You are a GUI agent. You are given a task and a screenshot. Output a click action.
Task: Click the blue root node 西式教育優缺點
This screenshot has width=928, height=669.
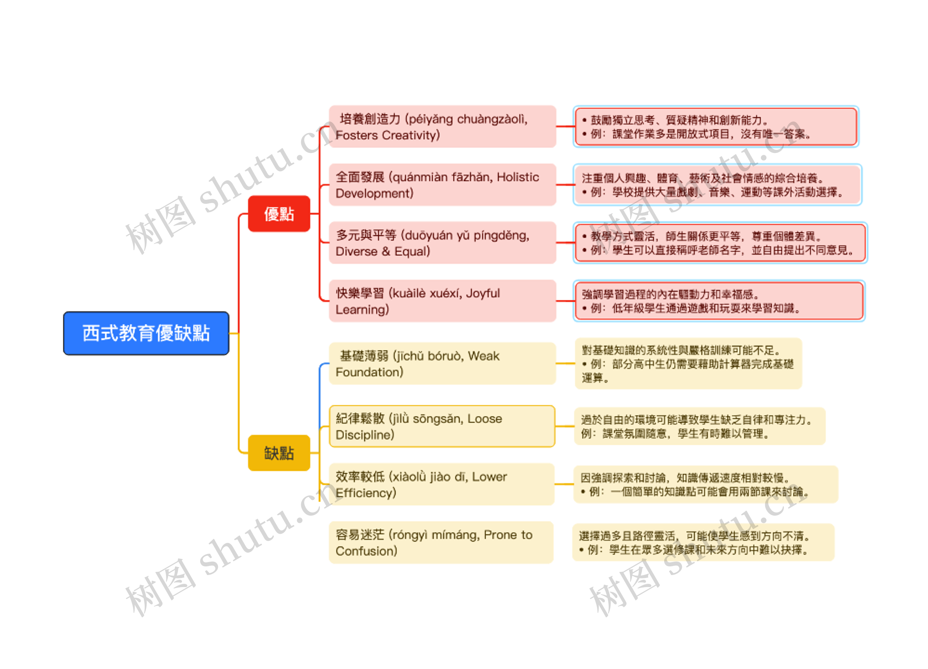pyautogui.click(x=146, y=333)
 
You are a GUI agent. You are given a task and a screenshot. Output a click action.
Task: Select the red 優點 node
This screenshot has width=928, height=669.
pyautogui.click(x=279, y=214)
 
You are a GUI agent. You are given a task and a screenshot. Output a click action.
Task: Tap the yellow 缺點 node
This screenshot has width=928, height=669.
pyautogui.click(x=279, y=453)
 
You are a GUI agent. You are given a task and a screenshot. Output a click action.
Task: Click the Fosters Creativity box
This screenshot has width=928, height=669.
pyautogui.click(x=442, y=127)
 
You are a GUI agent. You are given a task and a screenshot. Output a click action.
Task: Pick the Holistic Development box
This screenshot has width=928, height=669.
pyautogui.click(x=442, y=185)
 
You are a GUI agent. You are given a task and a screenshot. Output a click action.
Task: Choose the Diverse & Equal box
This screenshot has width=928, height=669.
pyautogui.click(x=442, y=243)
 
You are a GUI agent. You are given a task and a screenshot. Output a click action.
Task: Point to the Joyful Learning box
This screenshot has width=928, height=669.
pyautogui.click(x=442, y=301)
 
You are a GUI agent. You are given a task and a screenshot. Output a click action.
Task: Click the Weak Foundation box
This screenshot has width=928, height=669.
pyautogui.click(x=442, y=363)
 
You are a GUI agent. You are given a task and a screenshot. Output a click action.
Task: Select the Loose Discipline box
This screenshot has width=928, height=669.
pyautogui.click(x=442, y=426)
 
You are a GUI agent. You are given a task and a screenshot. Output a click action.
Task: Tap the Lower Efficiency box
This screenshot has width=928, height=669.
pyautogui.click(x=442, y=484)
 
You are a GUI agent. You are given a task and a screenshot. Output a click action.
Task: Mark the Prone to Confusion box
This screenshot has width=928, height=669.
pyautogui.click(x=441, y=542)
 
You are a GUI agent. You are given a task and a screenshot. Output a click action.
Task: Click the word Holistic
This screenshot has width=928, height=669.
pyautogui.click(x=518, y=177)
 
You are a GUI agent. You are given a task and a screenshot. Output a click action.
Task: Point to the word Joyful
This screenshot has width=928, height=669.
pyautogui.click(x=483, y=293)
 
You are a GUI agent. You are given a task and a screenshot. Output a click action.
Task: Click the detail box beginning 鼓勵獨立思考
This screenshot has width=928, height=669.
pyautogui.click(x=716, y=127)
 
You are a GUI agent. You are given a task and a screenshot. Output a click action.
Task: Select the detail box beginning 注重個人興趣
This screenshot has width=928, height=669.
pyautogui.click(x=717, y=185)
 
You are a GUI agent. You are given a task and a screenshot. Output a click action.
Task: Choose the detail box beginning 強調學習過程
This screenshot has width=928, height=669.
pyautogui.click(x=719, y=301)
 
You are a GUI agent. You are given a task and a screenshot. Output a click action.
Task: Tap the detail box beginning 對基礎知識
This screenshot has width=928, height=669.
pyautogui.click(x=688, y=363)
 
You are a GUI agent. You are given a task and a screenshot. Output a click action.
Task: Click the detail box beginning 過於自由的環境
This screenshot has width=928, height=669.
pyautogui.click(x=700, y=426)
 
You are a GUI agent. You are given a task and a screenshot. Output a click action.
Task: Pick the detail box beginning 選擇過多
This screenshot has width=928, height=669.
pyautogui.click(x=703, y=542)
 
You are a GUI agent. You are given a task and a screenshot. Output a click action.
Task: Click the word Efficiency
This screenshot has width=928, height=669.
pyautogui.click(x=365, y=493)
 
